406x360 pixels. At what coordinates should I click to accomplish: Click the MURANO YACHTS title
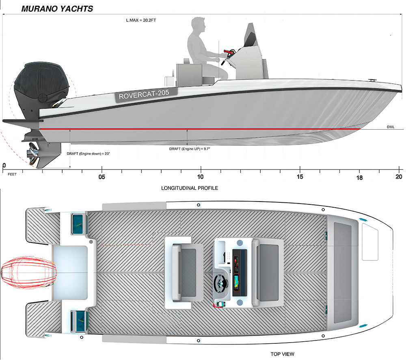click(57, 8)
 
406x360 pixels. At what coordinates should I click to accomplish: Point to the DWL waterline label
click(391, 127)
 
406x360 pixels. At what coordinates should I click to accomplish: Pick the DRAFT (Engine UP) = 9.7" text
click(189, 149)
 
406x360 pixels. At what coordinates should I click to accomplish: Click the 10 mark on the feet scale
click(200, 177)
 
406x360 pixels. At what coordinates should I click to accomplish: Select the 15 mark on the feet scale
click(300, 177)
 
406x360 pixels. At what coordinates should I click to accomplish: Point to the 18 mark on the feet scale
click(360, 178)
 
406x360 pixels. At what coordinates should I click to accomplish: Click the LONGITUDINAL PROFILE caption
click(190, 188)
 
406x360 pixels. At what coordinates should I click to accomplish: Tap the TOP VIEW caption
click(282, 354)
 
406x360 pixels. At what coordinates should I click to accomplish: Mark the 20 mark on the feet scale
click(399, 177)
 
